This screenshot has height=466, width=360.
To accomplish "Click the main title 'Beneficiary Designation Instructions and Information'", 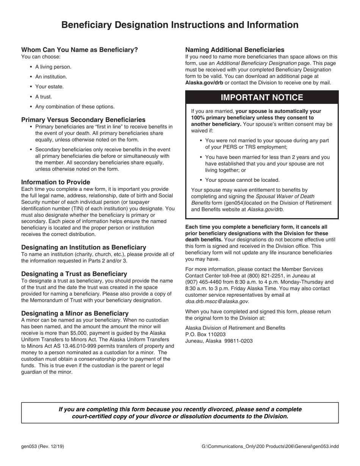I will pos(180,25).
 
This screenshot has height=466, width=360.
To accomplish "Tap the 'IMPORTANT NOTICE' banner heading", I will pos(261,97).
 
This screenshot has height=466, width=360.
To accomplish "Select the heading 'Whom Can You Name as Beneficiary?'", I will pos(80,50).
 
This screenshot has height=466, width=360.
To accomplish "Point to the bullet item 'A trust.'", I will pos(44,97).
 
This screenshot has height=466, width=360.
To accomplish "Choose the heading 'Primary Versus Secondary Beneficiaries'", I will pos(83,120).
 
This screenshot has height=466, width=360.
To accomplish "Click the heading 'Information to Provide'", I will pos(56,182).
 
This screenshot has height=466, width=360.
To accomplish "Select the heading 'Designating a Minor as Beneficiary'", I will pos(75,313).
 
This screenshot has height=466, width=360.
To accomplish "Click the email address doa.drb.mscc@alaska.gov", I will pos(217,302).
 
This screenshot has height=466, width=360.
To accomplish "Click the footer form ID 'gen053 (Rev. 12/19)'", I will pos(42,446).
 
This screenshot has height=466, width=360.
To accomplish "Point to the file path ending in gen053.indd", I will pos(270,446).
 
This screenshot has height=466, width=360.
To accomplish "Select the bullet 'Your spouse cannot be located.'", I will pos(242,180).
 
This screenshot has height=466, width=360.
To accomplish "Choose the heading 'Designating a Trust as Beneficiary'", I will pos(74,274).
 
